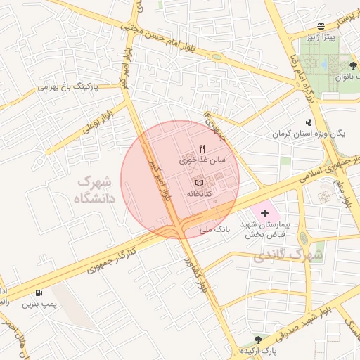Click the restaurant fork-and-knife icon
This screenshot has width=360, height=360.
(x=202, y=148)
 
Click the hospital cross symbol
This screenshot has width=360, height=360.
(x=264, y=212)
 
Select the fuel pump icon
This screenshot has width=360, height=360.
(x=38, y=293)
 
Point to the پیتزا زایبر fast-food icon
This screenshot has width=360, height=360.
(x=321, y=25)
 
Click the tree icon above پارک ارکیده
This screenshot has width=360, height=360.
(x=258, y=339)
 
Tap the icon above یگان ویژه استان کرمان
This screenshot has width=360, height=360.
(x=309, y=122)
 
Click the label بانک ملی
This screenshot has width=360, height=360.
(x=215, y=229)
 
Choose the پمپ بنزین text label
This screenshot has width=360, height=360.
(x=38, y=304)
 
